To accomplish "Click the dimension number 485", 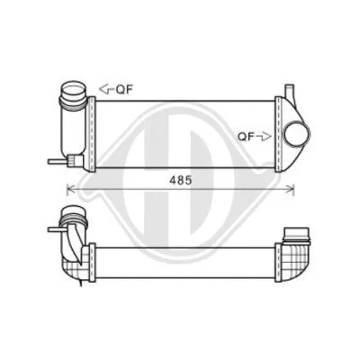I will click(x=180, y=179).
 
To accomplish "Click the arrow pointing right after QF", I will click(x=265, y=137).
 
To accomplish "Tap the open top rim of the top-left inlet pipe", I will click(x=74, y=87).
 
